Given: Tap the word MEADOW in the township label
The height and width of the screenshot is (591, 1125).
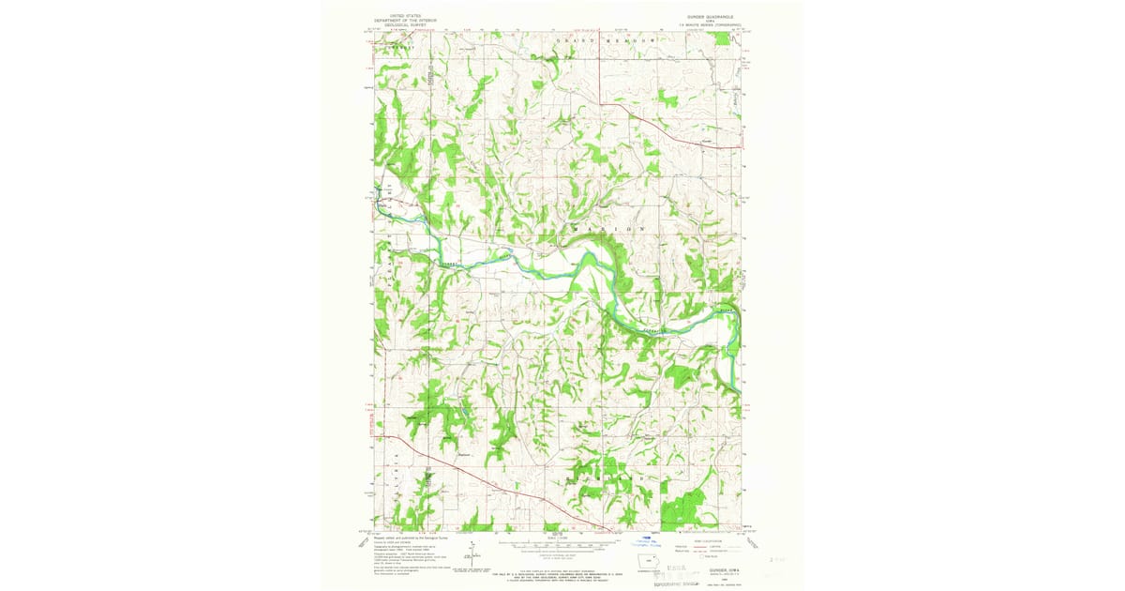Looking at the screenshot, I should coord(631,42).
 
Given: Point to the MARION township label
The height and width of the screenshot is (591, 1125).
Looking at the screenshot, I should coord(609,229).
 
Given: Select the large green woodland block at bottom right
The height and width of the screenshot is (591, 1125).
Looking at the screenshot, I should coord(682,508).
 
